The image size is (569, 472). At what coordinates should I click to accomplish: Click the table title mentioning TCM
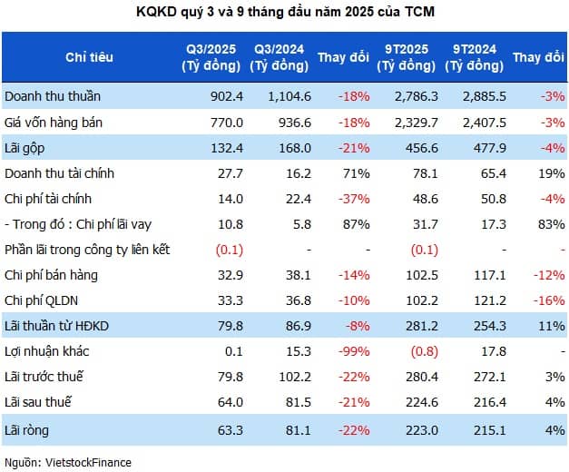coord(284,11)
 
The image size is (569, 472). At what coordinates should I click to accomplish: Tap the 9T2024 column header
coord(473,57)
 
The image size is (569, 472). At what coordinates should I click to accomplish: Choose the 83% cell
coord(550,223)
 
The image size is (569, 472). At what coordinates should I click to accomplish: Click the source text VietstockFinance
coord(66,462)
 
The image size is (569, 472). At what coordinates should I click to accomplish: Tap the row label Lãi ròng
coord(26,427)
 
